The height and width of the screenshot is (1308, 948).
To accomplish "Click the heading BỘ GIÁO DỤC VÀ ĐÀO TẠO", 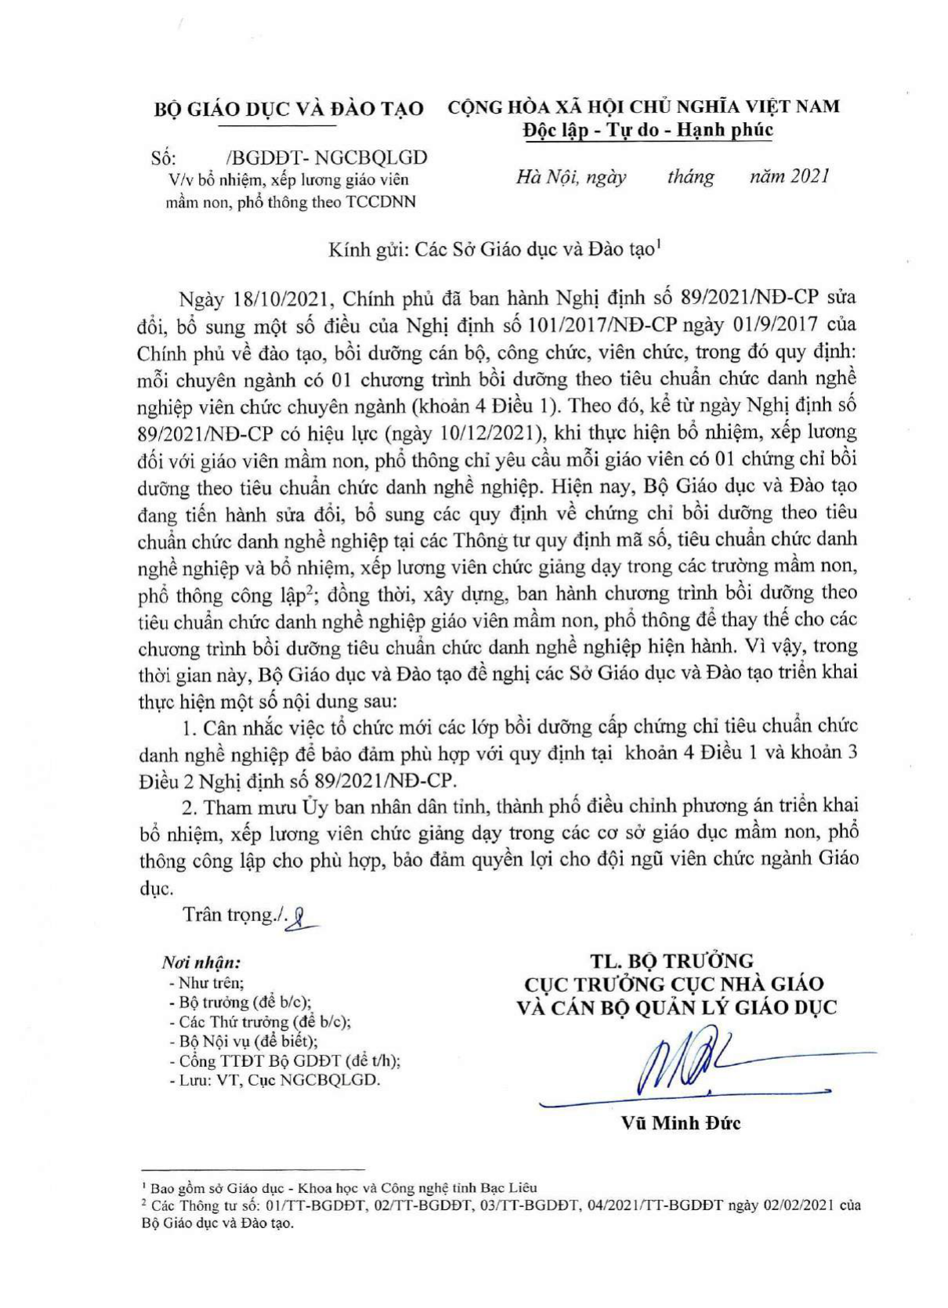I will (288, 109).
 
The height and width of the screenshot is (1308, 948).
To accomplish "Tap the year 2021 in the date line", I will (809, 177).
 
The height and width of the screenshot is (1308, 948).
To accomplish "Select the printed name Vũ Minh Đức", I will (680, 1122).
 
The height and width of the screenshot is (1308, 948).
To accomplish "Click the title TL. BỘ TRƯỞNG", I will (672, 960).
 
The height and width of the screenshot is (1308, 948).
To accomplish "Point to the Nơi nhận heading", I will (201, 962).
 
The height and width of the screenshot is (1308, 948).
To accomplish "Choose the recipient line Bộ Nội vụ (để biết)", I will (245, 1041).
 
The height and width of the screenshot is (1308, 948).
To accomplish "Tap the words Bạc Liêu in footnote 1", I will (513, 1188).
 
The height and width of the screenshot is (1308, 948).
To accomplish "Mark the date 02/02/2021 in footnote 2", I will (788, 1205).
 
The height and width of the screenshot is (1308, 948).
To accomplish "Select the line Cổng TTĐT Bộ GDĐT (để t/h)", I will (288, 1061).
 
